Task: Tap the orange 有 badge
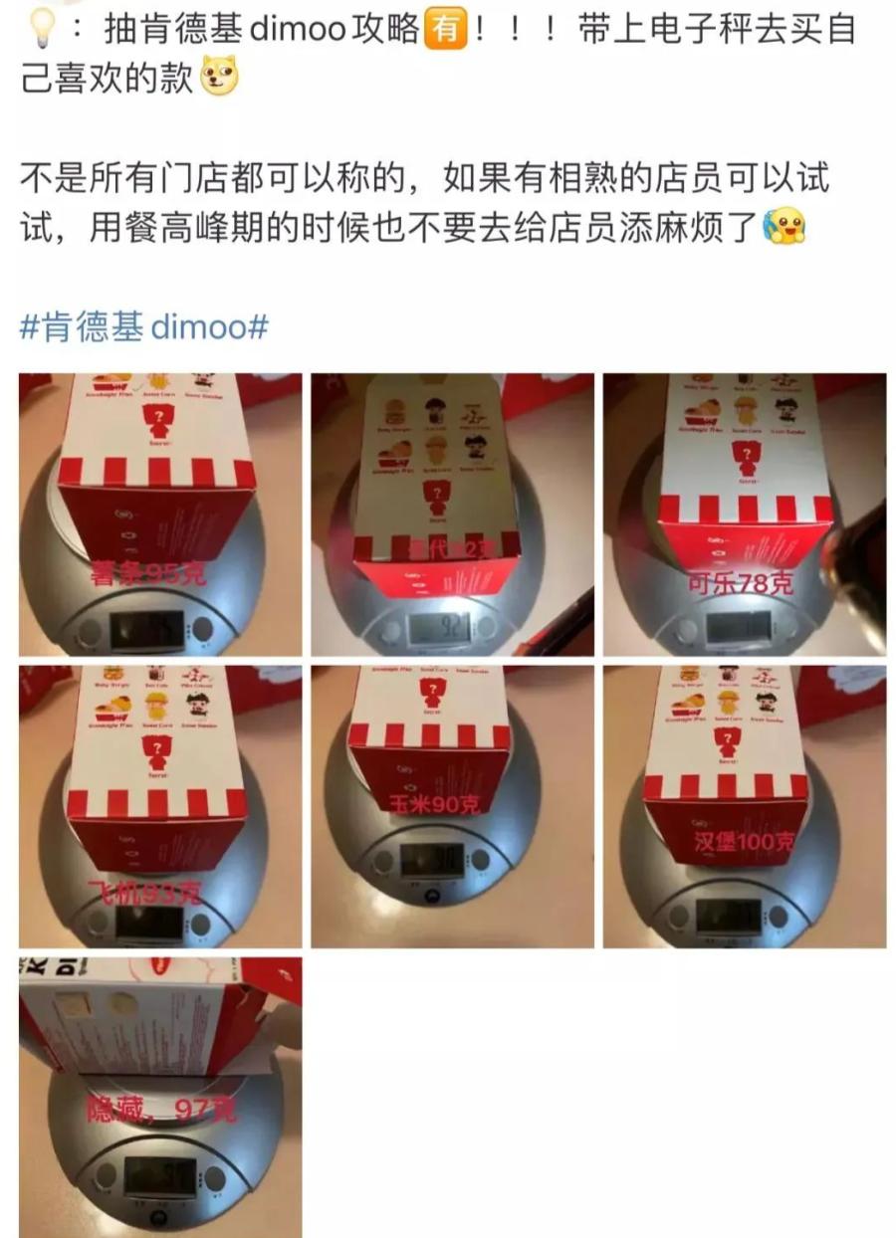point(445,31)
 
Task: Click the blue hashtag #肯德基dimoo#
point(143,326)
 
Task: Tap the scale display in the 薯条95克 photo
point(147,629)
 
